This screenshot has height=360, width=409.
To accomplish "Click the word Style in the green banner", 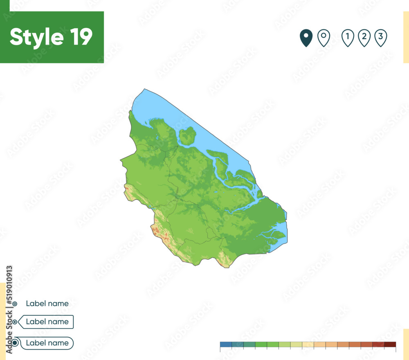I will (x=36, y=37).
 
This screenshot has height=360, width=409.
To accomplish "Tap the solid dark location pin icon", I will (x=306, y=38).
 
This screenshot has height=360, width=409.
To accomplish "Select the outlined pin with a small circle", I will (x=324, y=38).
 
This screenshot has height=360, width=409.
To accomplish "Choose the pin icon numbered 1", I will (x=348, y=38).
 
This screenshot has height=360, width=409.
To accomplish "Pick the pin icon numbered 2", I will (x=364, y=38).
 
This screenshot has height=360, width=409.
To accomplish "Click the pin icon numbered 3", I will (x=380, y=38).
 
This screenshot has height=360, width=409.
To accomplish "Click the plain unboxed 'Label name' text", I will (x=47, y=304).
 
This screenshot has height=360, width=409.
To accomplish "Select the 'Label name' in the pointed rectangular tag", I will (x=47, y=322).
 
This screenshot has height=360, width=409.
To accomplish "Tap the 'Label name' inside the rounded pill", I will (x=47, y=343).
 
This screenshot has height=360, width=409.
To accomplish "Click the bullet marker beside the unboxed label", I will (x=15, y=304).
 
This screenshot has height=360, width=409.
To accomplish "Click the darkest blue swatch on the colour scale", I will (x=226, y=344).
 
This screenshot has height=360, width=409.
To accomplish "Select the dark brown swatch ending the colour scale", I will (x=390, y=344).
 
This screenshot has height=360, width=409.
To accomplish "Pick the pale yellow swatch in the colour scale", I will (x=308, y=344).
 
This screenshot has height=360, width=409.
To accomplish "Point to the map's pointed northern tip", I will (x=144, y=90).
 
